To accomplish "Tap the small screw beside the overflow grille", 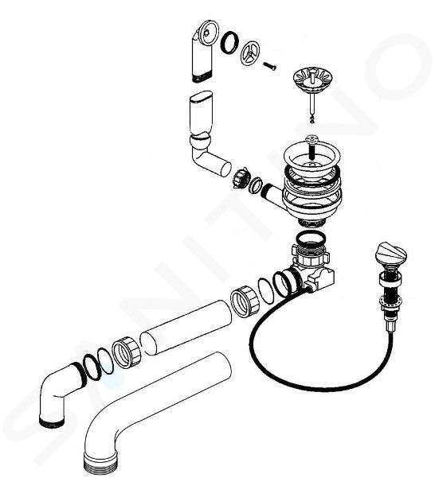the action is click(x=269, y=65).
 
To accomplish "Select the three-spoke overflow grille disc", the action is click(x=249, y=53).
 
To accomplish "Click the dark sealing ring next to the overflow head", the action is click(x=229, y=42).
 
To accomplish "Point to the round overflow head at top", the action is click(x=208, y=33).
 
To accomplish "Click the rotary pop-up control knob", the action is click(x=390, y=254).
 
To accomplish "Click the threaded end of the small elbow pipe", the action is click(x=52, y=421).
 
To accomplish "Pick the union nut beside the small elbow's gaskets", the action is click(x=127, y=352).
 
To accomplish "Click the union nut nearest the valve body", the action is click(x=245, y=301).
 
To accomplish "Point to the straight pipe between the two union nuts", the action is click(x=186, y=327).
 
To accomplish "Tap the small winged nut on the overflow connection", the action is click(x=241, y=177).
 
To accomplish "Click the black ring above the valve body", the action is click(x=310, y=239).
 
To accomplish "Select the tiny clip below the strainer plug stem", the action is click(x=312, y=119).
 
